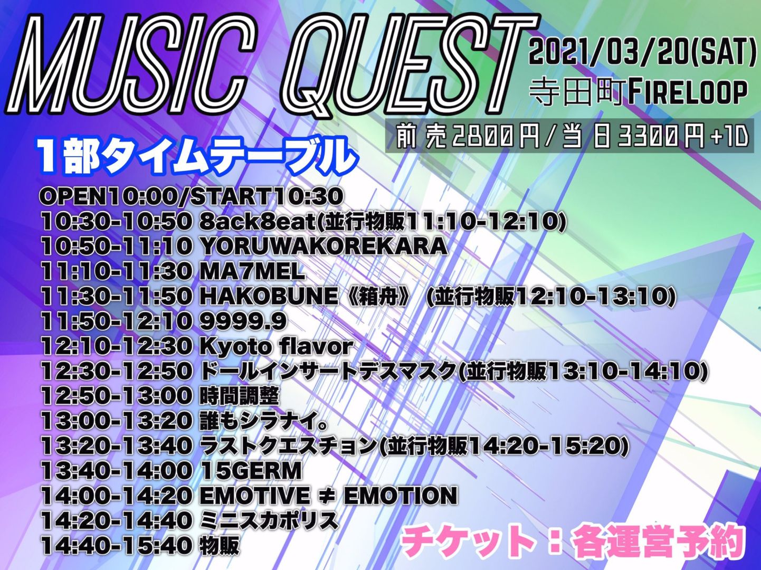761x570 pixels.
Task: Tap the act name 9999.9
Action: point(243,322)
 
